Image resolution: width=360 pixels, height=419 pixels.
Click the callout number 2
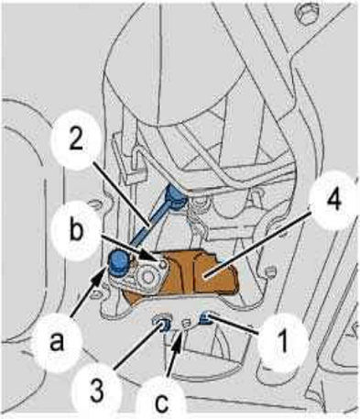76,141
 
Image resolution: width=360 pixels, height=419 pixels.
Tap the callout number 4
334,201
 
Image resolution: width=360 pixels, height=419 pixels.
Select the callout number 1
282,341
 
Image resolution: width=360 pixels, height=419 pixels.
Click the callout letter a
57,342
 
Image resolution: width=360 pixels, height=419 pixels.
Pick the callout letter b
76,230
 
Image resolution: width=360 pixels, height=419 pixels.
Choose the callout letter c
161,402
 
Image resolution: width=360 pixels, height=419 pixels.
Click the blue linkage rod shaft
150,224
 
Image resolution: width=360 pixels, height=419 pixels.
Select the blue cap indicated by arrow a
119,261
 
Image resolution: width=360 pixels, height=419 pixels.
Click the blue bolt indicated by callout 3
163,324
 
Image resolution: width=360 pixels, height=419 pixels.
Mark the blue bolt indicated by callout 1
205,318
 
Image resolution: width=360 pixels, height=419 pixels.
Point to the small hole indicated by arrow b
163,263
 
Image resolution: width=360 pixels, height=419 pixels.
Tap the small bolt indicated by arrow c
185,324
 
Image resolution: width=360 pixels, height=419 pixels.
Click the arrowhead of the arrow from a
103,271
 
